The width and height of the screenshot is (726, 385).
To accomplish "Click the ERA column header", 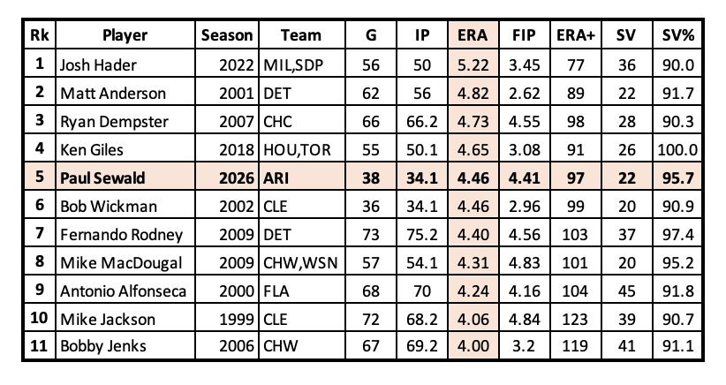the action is (x=473, y=35).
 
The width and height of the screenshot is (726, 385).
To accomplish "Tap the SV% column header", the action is (x=677, y=35).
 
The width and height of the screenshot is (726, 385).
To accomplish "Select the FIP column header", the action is (x=524, y=35).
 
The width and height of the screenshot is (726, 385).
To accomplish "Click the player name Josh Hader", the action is (x=98, y=64).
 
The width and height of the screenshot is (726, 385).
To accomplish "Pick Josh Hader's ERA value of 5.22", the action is (x=473, y=64).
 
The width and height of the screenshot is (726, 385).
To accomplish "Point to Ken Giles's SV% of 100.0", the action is (x=677, y=150).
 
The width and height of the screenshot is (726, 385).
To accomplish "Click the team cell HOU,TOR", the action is (x=297, y=150).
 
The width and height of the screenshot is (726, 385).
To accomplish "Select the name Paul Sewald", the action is (x=102, y=178).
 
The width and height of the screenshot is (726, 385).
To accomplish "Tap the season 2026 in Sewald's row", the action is (x=237, y=178).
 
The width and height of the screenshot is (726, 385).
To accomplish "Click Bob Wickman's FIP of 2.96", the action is (x=524, y=207).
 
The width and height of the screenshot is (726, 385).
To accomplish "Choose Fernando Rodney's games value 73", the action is (x=371, y=235).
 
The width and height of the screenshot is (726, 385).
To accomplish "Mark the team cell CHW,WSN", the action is (x=300, y=263).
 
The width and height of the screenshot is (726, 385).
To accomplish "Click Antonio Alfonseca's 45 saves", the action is (x=626, y=291).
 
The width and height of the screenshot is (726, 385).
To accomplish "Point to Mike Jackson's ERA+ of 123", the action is (x=575, y=320).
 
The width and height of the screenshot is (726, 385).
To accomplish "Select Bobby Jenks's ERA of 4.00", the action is (x=473, y=345).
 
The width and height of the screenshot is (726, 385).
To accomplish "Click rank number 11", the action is (x=39, y=345).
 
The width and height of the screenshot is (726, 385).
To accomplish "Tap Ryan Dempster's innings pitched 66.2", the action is (x=422, y=122).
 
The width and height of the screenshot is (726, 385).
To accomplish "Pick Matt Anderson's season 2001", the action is (x=237, y=94).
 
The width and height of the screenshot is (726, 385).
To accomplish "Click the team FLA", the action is (x=276, y=291).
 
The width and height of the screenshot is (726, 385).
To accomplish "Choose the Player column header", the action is (x=125, y=35).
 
